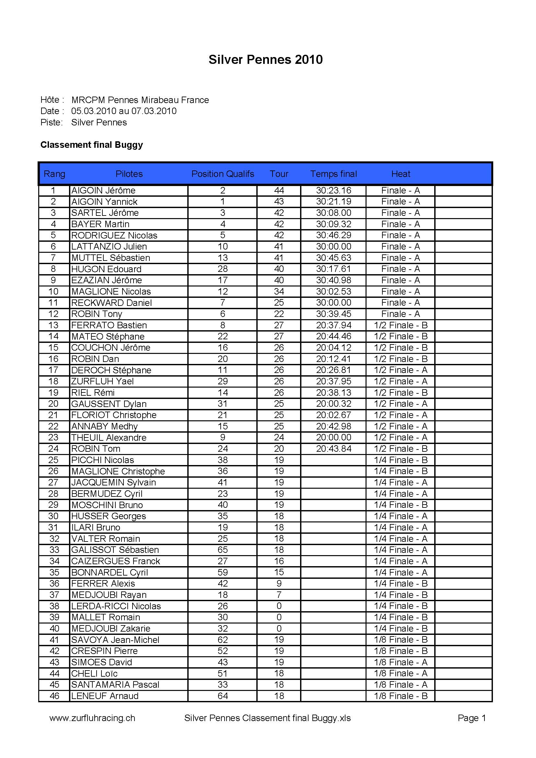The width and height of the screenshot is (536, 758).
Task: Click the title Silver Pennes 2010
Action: pyautogui.click(x=265, y=59)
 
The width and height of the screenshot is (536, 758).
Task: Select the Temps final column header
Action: pyautogui.click(x=333, y=174)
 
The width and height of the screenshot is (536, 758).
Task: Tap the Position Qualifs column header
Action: pyautogui.click(x=223, y=174)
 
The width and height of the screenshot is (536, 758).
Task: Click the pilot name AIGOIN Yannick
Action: pyautogui.click(x=104, y=202)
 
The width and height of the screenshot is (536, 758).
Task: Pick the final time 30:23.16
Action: pyautogui.click(x=333, y=191)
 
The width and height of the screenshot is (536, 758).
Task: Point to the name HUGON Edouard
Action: pyautogui.click(x=106, y=269)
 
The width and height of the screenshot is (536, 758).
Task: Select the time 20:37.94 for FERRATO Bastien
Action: pyautogui.click(x=333, y=325)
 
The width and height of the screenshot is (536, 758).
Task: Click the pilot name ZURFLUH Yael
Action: pyautogui.click(x=102, y=381)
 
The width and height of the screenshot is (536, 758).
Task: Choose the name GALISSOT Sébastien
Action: pyautogui.click(x=115, y=550)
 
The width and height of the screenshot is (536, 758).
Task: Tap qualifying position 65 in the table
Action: pyautogui.click(x=223, y=550)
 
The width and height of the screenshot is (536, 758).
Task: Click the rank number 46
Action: pyautogui.click(x=54, y=696)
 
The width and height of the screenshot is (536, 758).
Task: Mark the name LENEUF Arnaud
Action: pyautogui.click(x=105, y=696)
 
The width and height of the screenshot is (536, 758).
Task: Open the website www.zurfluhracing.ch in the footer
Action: pyautogui.click(x=92, y=718)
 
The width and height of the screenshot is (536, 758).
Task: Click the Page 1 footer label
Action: pyautogui.click(x=472, y=718)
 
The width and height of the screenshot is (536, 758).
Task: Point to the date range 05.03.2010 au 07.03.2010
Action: pyautogui.click(x=124, y=111)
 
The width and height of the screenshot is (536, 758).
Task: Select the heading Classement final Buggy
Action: pyautogui.click(x=91, y=145)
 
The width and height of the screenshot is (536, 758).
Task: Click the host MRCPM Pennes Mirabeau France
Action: pyautogui.click(x=140, y=100)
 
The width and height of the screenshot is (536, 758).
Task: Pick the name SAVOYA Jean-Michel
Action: pyautogui.click(x=115, y=640)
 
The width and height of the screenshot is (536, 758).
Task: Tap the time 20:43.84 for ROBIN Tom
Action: pyautogui.click(x=333, y=449)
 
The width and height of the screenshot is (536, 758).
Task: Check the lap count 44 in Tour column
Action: pyautogui.click(x=279, y=191)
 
